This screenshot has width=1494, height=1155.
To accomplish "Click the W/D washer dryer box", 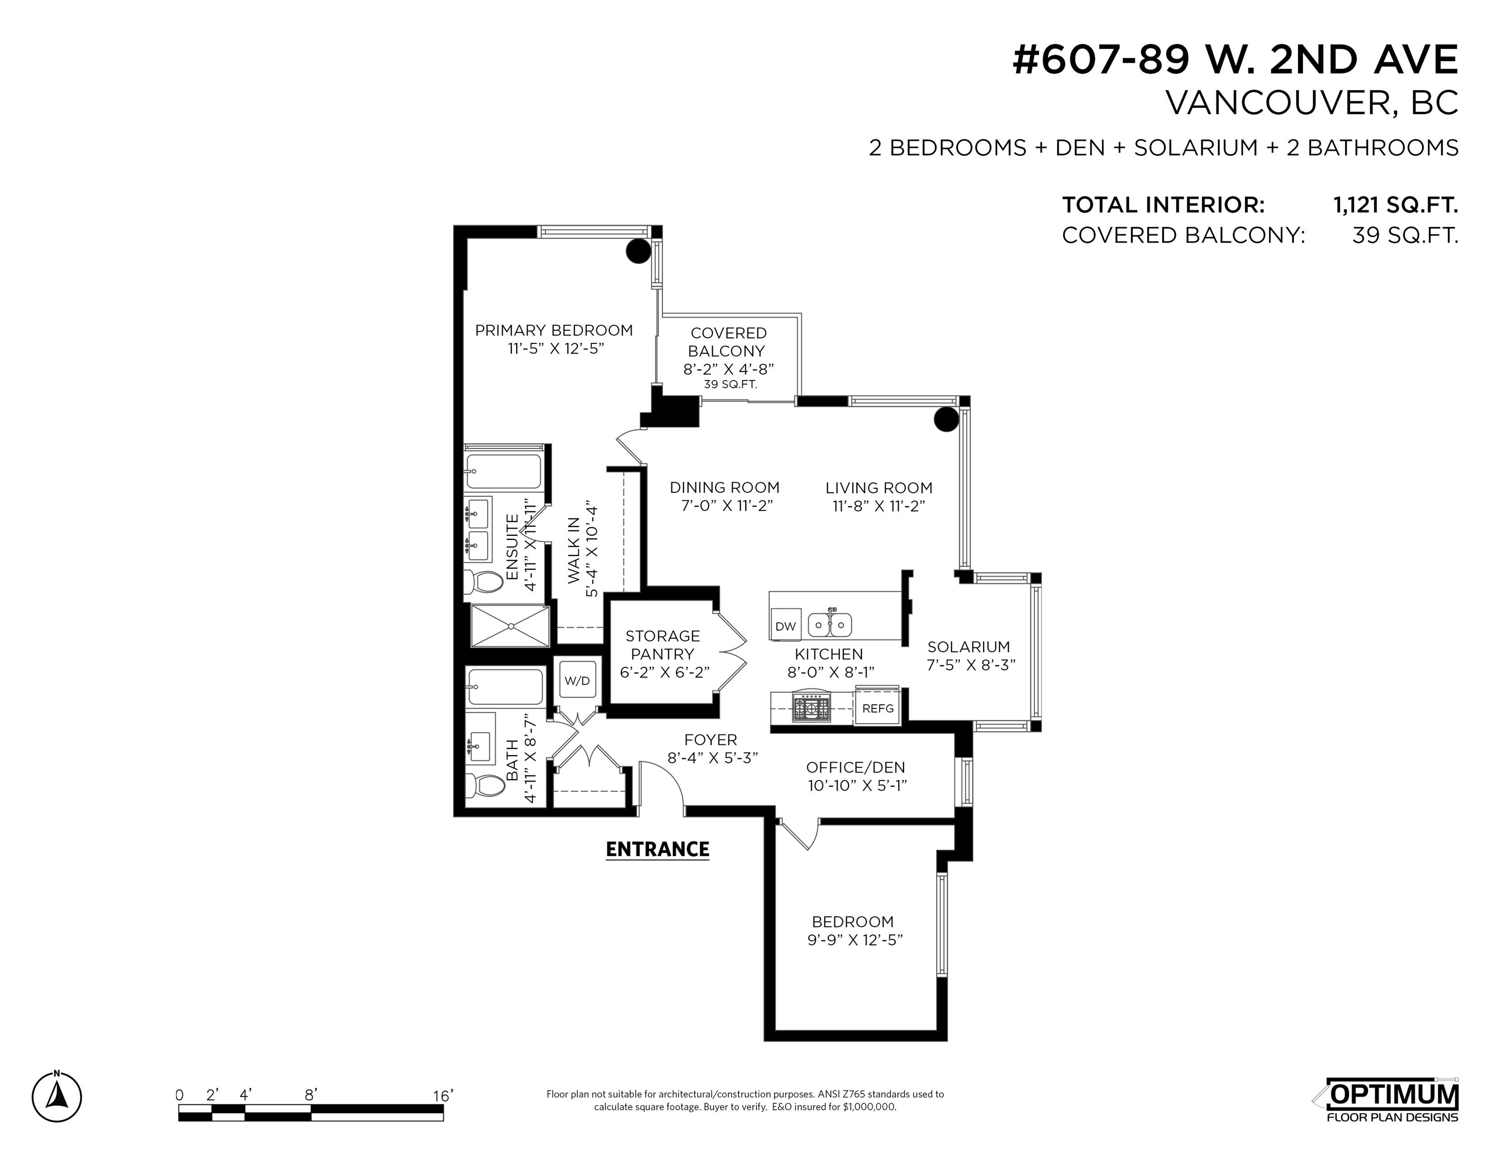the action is [x=577, y=680].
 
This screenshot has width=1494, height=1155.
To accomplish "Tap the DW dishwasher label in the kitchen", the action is [x=785, y=626].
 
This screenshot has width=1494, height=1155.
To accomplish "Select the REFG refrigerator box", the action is [x=878, y=708].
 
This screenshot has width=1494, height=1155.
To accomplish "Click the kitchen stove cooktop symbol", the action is [x=811, y=707].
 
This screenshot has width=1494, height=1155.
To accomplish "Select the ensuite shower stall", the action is [x=510, y=626].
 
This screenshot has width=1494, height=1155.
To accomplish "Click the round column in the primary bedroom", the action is [x=638, y=251].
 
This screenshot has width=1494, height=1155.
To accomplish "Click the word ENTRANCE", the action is [x=658, y=849].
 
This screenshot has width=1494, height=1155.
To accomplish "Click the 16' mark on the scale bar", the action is [x=443, y=1095].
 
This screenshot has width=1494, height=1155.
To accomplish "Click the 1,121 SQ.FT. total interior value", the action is [x=1395, y=205].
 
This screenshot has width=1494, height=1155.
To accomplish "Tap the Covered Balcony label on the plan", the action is [x=728, y=342].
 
